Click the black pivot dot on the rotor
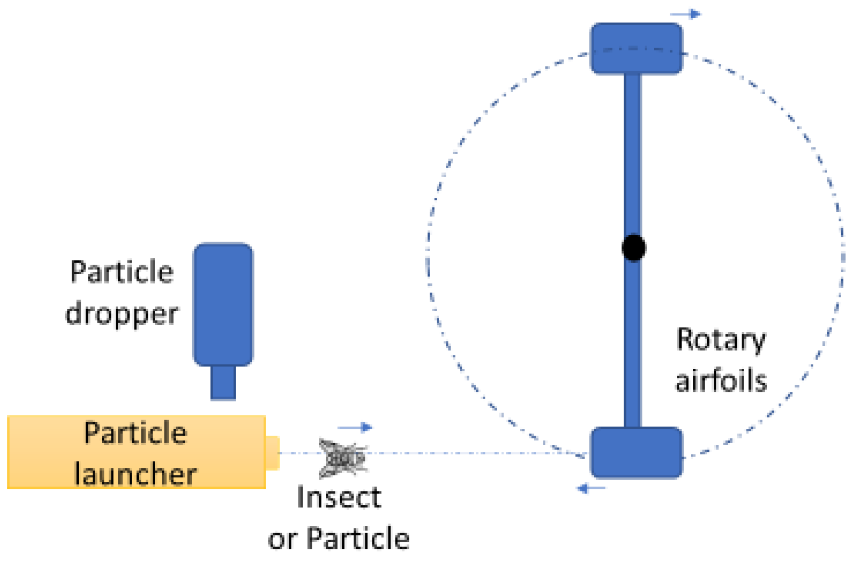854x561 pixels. [633, 247]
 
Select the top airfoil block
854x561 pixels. [636, 49]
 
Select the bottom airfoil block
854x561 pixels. [636, 453]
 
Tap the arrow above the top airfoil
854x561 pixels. [686, 14]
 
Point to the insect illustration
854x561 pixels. [343, 458]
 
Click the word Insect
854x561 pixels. [339, 497]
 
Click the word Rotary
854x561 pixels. [721, 340]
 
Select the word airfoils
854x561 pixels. [721, 381]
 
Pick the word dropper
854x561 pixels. [122, 315]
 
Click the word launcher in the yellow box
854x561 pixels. [135, 474]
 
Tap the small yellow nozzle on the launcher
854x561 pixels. [272, 452]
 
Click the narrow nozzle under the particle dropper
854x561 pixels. [223, 382]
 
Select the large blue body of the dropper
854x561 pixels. [223, 304]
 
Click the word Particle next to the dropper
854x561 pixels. [122, 272]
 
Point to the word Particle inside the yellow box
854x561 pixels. [135, 433]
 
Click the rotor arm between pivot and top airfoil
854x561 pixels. [633, 154]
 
